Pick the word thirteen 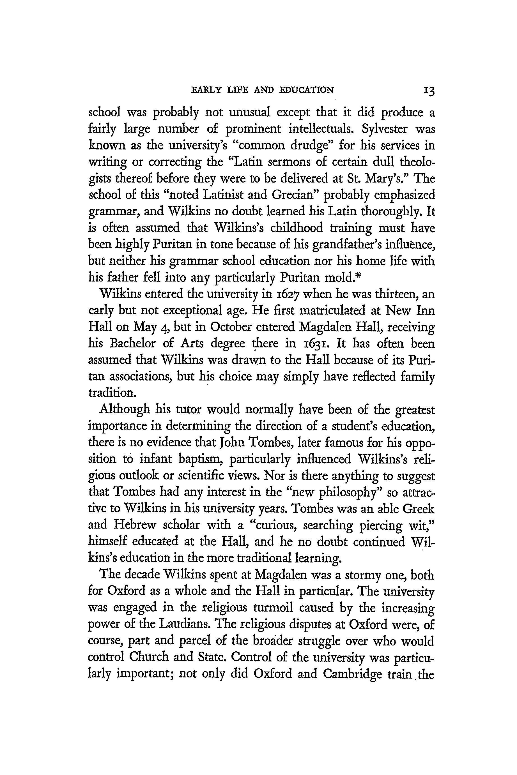389,294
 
